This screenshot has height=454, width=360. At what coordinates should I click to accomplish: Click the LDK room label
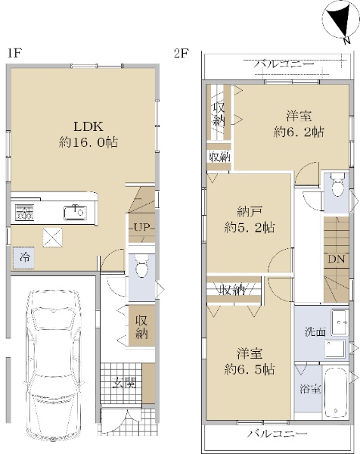88,126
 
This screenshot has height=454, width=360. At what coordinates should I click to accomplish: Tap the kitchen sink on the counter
75,212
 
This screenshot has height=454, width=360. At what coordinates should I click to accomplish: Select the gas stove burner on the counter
25,213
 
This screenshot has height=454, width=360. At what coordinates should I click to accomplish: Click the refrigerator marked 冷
23,258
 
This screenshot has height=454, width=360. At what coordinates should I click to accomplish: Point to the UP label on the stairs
141,227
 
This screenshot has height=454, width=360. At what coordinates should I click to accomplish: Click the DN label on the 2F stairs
337,259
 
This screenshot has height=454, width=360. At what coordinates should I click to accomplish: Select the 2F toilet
337,185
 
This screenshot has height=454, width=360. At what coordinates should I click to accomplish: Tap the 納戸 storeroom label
250,212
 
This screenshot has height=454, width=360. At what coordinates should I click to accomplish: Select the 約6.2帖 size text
299,132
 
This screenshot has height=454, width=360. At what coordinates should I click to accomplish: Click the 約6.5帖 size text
250,370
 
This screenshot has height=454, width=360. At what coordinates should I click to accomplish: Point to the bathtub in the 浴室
336,391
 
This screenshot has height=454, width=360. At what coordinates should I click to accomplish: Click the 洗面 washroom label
315,332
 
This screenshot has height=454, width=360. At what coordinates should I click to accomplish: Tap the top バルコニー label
284,64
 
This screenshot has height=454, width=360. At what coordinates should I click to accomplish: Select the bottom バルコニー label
277,434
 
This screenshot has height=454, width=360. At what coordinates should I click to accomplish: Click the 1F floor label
14,53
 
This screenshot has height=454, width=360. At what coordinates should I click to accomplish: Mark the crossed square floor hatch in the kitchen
53,238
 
